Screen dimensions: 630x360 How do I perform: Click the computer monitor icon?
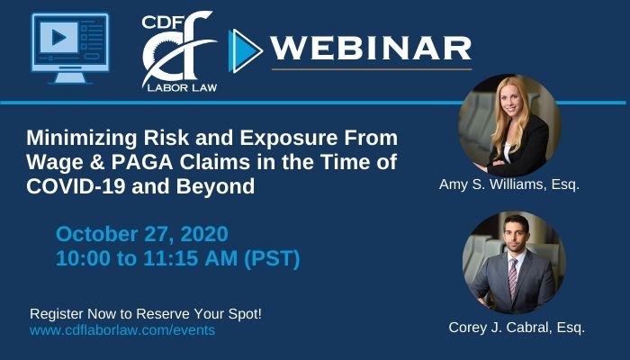pyautogui.click(x=70, y=49)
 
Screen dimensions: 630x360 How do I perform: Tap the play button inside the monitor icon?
pyautogui.click(x=59, y=38)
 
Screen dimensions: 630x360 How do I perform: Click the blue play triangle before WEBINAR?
pyautogui.click(x=245, y=51)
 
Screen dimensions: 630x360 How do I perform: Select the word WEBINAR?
pyautogui.click(x=371, y=49)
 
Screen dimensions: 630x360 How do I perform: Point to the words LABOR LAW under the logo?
pyautogui.click(x=182, y=87)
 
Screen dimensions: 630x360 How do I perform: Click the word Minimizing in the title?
pyautogui.click(x=82, y=138)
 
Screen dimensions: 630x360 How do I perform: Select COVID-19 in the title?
pyautogui.click(x=76, y=186)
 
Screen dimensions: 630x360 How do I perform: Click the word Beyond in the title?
pyautogui.click(x=215, y=187)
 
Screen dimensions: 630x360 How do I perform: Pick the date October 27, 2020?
pyautogui.click(x=142, y=234)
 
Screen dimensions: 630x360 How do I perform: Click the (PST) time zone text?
pyautogui.click(x=272, y=258)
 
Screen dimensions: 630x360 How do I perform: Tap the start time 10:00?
pyautogui.click(x=83, y=258)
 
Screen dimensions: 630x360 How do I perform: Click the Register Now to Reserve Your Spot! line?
pyautogui.click(x=146, y=314)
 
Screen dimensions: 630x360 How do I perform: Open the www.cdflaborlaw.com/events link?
pyautogui.click(x=122, y=330)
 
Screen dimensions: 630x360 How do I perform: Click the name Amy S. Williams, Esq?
pyautogui.click(x=509, y=184)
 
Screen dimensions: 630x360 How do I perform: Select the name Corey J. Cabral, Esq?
pyautogui.click(x=517, y=328)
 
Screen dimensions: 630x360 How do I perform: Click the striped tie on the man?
pyautogui.click(x=513, y=279)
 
